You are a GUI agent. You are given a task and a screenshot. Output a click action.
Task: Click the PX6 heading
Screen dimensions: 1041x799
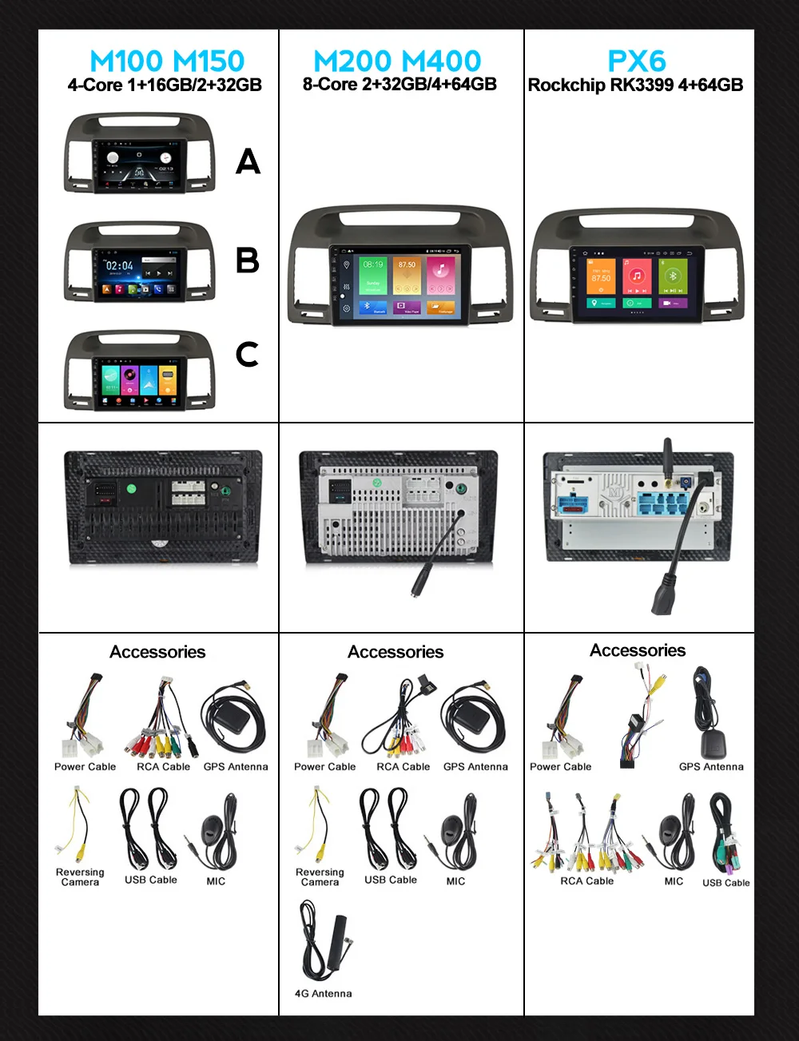pos(637,61)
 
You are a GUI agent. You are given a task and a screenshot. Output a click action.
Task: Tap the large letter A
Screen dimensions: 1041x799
pos(248,162)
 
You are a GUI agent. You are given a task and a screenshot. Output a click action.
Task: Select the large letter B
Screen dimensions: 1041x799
pos(248,260)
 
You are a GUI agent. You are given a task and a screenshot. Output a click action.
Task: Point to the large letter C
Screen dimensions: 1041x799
pos(248,354)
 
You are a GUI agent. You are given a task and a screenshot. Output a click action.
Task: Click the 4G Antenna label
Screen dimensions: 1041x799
pos(323,994)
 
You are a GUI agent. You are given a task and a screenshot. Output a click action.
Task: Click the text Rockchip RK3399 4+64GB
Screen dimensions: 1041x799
pos(635,85)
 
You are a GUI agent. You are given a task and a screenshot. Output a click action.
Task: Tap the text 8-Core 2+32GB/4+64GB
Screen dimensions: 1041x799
pos(399,85)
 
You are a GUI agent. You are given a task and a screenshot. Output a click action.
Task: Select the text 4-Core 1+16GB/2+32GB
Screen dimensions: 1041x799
pos(165,85)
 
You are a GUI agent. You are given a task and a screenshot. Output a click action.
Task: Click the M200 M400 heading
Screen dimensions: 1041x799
pos(397,61)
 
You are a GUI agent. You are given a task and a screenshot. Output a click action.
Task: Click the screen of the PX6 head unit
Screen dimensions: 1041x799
pos(637,283)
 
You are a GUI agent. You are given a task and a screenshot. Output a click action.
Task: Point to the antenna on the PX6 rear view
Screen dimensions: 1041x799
pos(668,459)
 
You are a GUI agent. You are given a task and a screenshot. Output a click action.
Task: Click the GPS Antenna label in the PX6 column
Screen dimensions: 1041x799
pos(711,767)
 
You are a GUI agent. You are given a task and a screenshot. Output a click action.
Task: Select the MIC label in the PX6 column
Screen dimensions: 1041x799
pos(674,881)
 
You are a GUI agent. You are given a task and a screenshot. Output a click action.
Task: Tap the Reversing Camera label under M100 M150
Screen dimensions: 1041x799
pos(80,877)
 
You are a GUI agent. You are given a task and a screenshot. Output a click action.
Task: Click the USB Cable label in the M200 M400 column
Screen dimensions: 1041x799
pos(391,880)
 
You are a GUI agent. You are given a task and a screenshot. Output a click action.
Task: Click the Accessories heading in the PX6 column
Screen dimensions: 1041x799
pos(638,650)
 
